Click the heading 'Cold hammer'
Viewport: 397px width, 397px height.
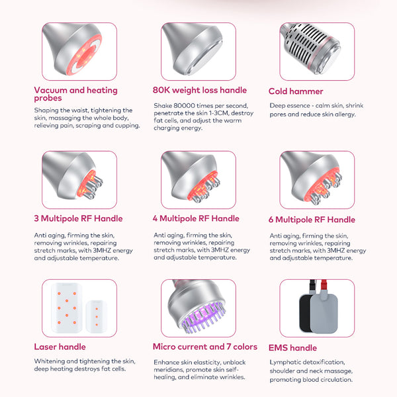coord(296,91)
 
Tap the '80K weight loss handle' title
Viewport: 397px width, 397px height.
coord(200,90)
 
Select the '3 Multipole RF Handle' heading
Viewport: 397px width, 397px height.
coord(78,218)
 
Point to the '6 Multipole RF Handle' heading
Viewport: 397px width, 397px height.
coord(312,220)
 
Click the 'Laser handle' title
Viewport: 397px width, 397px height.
coord(60,347)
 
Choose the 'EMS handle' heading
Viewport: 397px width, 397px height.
coord(292,347)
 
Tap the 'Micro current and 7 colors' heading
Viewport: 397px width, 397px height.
coord(205,347)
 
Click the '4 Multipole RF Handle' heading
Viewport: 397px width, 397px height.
coord(196,218)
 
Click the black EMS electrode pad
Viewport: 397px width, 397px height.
coord(305,313)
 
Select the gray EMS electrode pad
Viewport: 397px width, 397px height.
coord(324,313)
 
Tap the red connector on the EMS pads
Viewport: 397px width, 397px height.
coord(324,285)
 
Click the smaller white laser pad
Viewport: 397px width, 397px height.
coord(96,316)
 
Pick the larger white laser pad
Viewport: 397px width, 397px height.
coord(67,308)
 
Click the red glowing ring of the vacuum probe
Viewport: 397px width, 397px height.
coord(85,55)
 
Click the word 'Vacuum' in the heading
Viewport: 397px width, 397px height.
coord(51,90)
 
